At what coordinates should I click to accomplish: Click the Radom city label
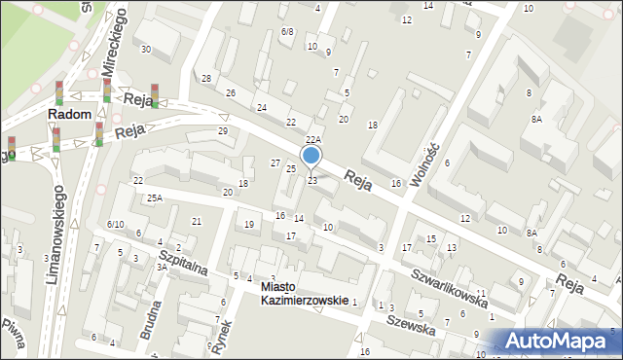(x=71, y=114)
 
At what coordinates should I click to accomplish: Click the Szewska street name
(x=410, y=323)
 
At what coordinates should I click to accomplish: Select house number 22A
(x=312, y=141)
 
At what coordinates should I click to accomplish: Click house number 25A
(x=154, y=198)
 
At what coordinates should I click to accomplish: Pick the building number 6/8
(x=287, y=31)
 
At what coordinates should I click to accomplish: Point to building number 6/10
(x=115, y=225)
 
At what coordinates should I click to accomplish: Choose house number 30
(x=146, y=49)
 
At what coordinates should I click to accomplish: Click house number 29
(x=223, y=130)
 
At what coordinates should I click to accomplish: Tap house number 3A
(x=162, y=267)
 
